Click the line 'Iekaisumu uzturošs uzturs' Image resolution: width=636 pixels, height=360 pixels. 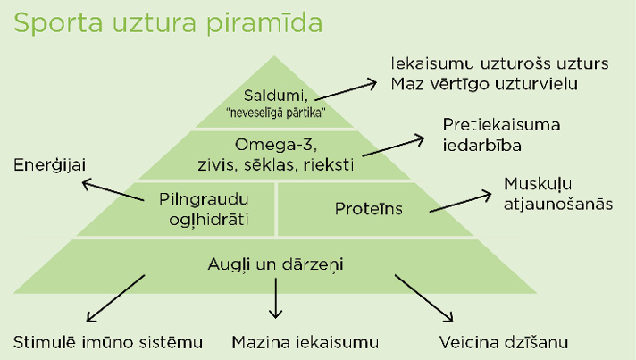click(x=500, y=64)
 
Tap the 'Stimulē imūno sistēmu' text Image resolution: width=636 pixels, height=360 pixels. click(x=108, y=342)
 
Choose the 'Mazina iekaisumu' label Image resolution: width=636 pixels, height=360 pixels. click(x=305, y=342)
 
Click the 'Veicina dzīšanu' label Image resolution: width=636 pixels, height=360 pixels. click(x=504, y=342)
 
